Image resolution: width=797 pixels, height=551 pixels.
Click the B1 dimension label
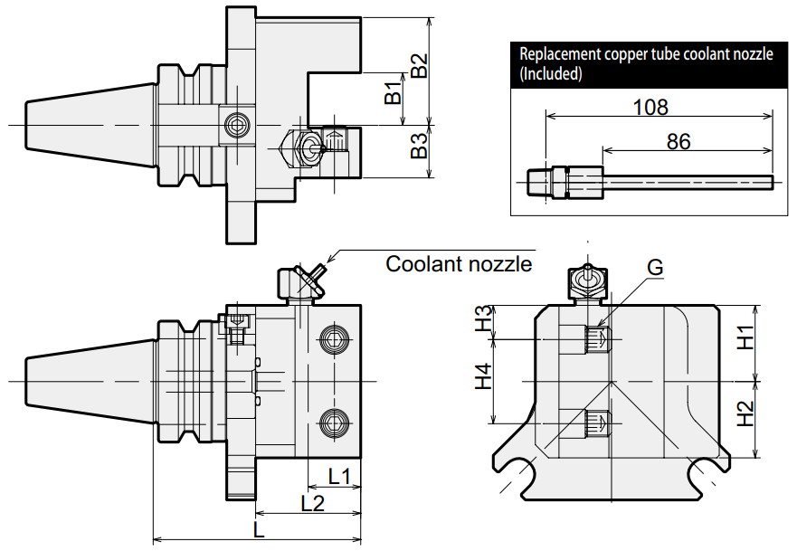coord(392,92)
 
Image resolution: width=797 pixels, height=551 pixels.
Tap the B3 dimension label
coord(418,147)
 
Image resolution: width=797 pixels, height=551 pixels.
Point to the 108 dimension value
coord(650,107)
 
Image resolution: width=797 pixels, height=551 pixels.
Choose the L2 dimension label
coord(312,504)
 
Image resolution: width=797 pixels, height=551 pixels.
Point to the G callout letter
coord(655,268)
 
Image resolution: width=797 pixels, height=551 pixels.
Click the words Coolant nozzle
coord(459,264)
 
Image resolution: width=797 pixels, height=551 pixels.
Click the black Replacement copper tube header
coord(646,64)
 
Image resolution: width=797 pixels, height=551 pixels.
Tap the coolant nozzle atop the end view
coord(584,281)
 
